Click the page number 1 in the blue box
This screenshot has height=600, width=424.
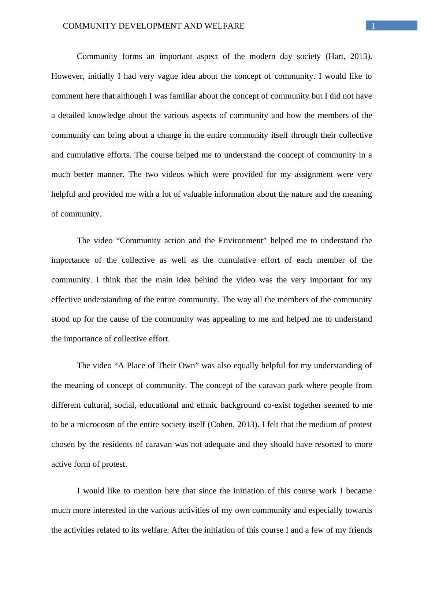tap(373, 26)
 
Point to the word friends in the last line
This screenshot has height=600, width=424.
tap(360, 530)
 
